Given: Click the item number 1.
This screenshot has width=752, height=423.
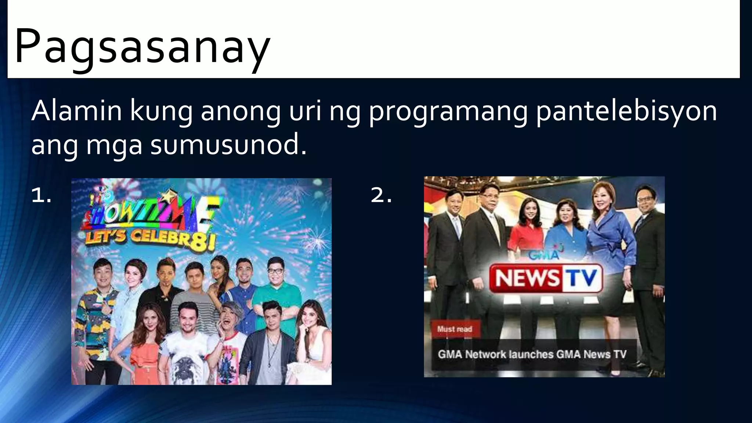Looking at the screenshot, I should tap(41, 195).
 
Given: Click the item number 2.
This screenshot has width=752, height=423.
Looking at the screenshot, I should tap(381, 195).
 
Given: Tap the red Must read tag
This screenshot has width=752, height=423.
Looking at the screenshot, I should tap(454, 329).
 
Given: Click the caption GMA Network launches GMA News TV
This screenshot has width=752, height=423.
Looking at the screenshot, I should tap(532, 354).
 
